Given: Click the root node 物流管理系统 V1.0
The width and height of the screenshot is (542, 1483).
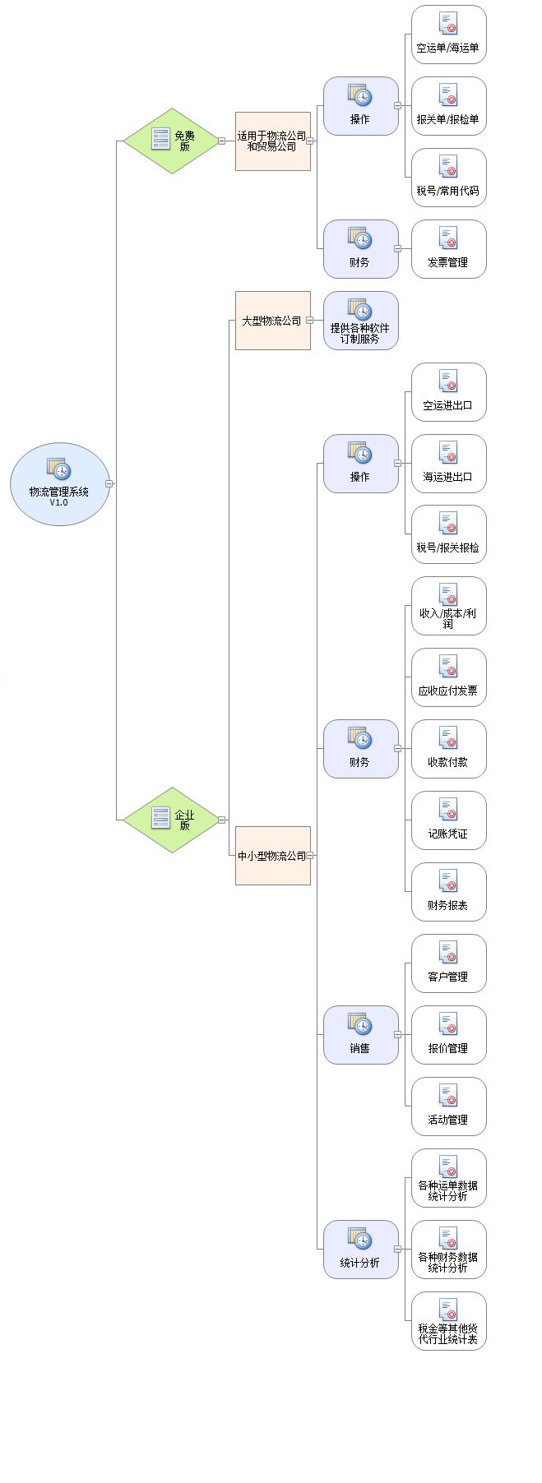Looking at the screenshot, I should click(59, 484).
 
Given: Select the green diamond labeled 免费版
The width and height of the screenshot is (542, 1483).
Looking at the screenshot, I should click(171, 141).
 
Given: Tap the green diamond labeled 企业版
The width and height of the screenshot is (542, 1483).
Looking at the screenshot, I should click(171, 820).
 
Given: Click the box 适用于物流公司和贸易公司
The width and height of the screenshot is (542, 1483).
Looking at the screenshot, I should click(272, 141).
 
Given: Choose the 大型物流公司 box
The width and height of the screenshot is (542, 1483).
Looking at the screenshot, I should click(272, 321).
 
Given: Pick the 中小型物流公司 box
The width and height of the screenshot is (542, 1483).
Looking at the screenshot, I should click(272, 856).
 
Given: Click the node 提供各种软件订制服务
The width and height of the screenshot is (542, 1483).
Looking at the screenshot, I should click(360, 321).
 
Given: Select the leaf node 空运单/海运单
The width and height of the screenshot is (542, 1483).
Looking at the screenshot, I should click(448, 35).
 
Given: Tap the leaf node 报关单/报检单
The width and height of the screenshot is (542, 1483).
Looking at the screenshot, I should click(448, 106).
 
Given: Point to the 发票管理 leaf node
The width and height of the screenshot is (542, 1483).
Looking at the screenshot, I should click(448, 249).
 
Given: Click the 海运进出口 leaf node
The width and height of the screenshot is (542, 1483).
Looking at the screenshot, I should click(448, 464).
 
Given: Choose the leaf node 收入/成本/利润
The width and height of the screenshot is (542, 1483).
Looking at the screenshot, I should click(448, 607).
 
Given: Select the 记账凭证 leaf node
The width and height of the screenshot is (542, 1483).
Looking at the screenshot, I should click(448, 820).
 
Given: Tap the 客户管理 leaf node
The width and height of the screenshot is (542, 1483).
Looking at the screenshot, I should click(448, 963).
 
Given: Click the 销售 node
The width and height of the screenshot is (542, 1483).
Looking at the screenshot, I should click(360, 1035).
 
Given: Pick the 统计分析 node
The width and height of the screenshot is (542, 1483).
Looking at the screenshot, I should click(360, 1250).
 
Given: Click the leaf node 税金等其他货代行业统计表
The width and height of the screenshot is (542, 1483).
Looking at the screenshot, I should click(448, 1321).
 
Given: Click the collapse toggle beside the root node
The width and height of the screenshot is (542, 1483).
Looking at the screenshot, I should click(109, 484).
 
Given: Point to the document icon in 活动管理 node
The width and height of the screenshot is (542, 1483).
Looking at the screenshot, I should click(448, 1096).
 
